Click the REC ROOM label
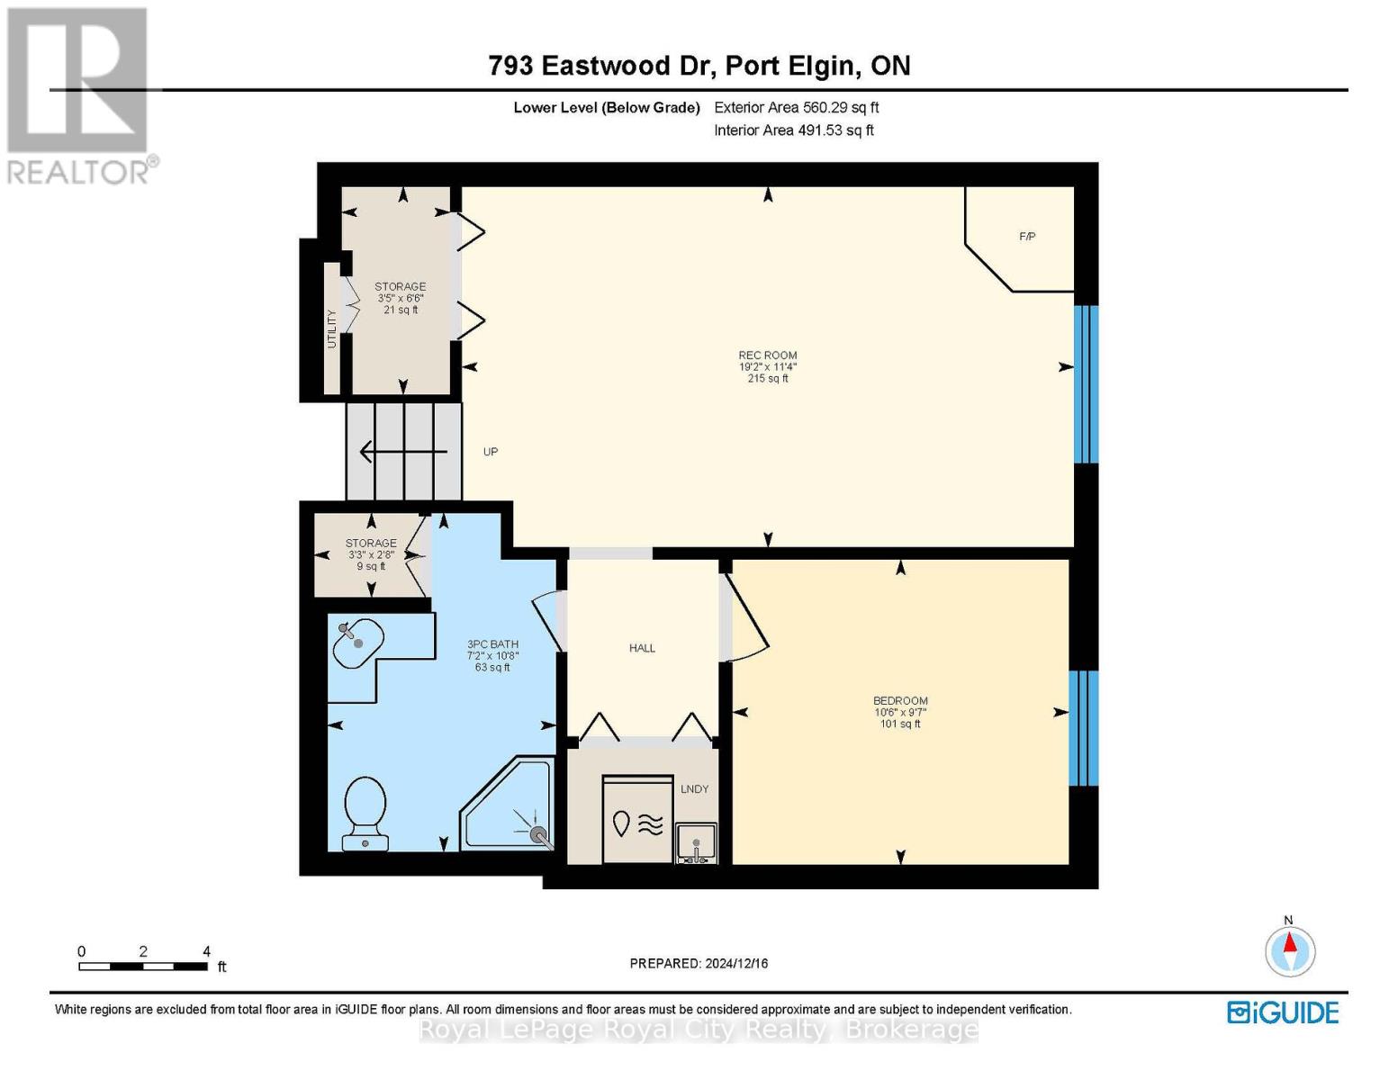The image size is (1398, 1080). click(767, 355)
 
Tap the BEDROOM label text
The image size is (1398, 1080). click(900, 701)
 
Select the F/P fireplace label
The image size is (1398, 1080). click(1027, 237)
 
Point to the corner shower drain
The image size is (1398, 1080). click(538, 835)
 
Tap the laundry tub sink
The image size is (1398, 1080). click(697, 843)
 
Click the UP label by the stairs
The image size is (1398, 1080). click(491, 452)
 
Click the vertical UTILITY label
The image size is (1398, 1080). click(331, 328)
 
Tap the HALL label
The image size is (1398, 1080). click(642, 648)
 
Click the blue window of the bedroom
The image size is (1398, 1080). click(1083, 728)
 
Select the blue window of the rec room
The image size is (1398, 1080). click(1087, 384)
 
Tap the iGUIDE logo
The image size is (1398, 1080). click(1283, 1012)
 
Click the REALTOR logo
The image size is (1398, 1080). click(79, 95)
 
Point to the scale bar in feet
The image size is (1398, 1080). click(143, 967)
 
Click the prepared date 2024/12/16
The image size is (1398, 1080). click(699, 963)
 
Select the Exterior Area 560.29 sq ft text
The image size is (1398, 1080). click(796, 107)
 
